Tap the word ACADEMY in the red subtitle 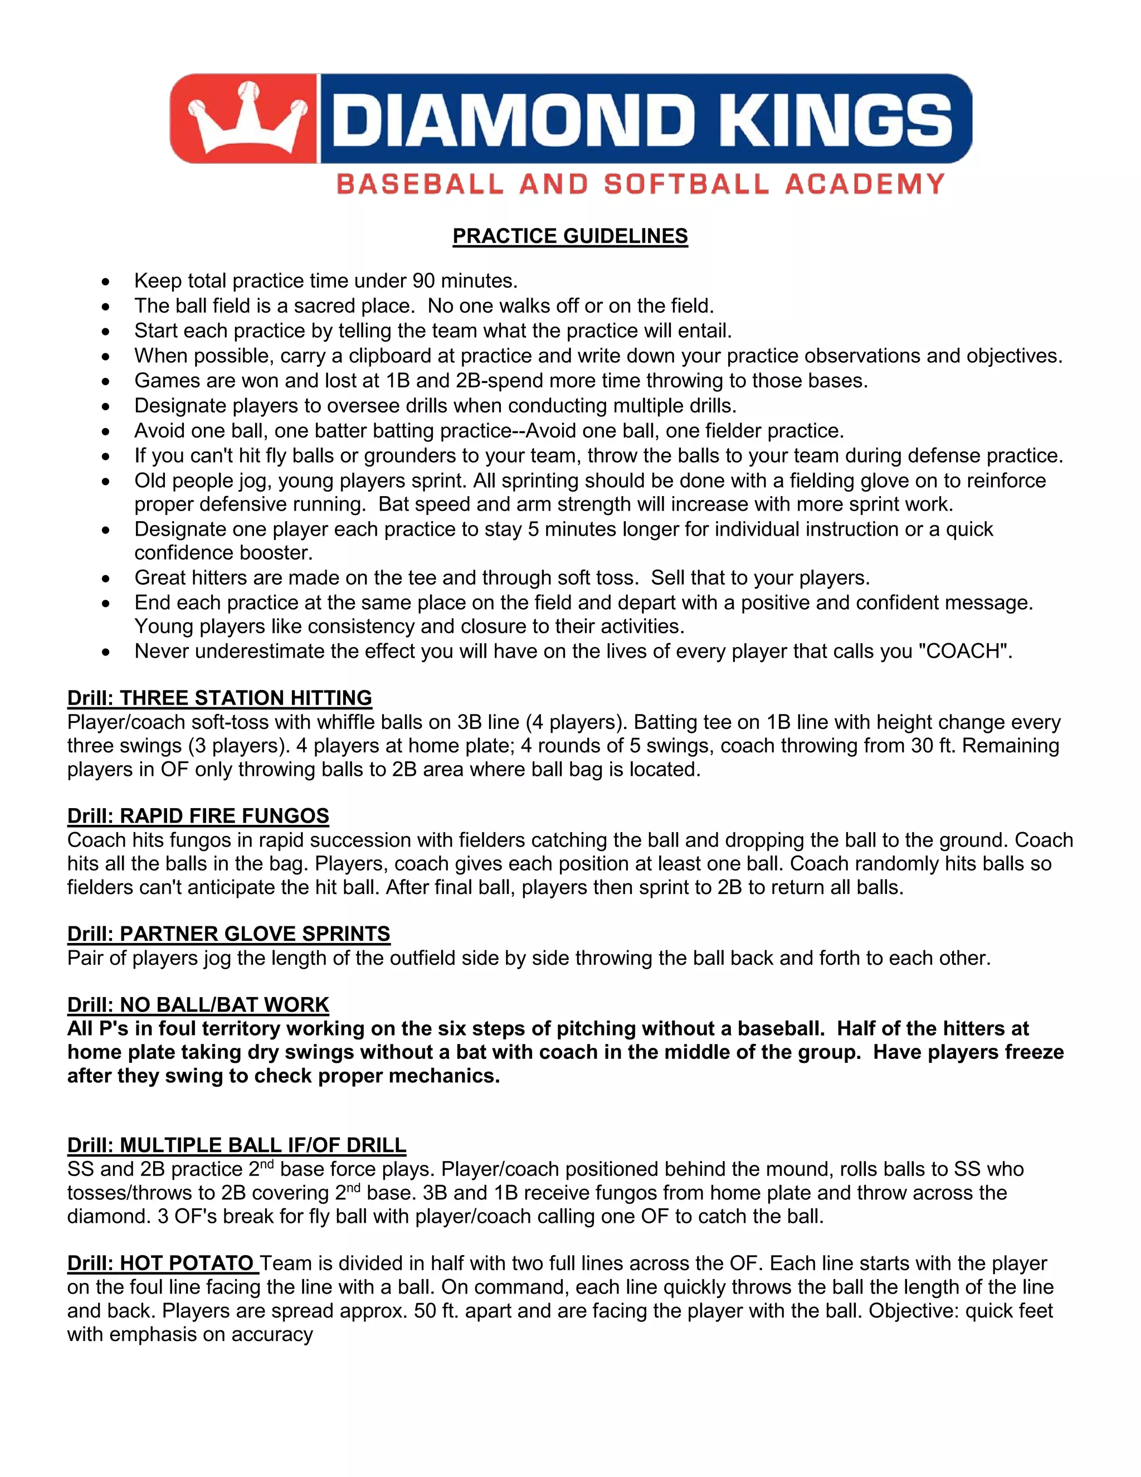865,184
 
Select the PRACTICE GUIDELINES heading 570,236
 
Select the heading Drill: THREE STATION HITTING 220,698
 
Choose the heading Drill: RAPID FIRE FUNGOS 198,815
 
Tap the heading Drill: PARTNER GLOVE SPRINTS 228,934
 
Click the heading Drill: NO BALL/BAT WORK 198,1005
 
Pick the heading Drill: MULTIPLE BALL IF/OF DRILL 237,1145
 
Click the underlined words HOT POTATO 187,1264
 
